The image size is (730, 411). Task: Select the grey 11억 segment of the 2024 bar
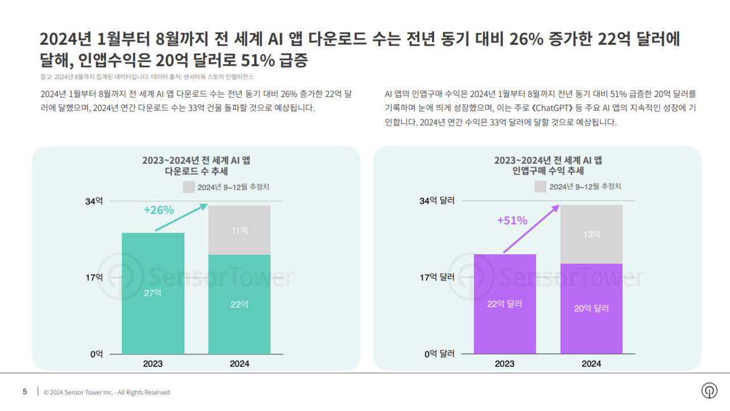240,230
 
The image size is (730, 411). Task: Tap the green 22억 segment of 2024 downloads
240,304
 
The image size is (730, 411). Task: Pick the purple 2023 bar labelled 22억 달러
505,304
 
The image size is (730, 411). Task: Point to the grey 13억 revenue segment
591,234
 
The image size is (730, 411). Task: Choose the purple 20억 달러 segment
591,308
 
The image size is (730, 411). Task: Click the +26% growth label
159,210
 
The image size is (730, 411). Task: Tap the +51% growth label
512,220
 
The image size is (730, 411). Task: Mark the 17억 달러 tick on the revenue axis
437,277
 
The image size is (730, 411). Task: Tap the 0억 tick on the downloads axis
96,354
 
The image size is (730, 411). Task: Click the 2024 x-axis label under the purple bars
591,364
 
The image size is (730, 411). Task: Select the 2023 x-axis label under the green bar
153,364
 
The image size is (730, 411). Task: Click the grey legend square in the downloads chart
189,187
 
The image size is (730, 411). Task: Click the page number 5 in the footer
25,392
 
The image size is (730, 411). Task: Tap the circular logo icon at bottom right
709,391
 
